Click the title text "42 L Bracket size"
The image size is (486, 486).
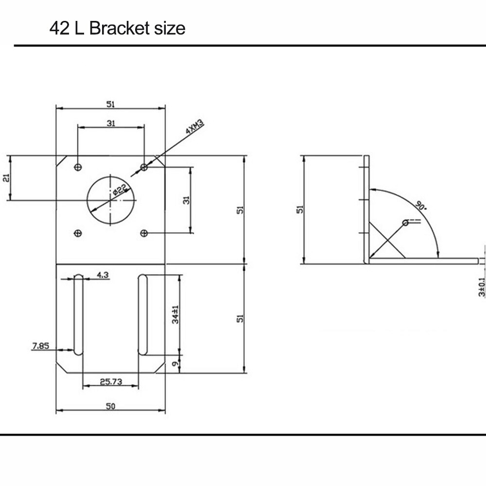[x=117, y=28]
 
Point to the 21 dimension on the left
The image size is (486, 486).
[x=6, y=178]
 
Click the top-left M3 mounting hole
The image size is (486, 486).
[x=78, y=167]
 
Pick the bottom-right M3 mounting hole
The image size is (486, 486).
[x=143, y=233]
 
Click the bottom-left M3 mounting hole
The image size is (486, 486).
[x=78, y=233]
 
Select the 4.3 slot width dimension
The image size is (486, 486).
[x=103, y=275]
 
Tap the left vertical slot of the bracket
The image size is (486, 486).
[x=78, y=314]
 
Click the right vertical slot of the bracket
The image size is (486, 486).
[x=142, y=314]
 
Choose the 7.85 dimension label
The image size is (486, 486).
[x=40, y=346]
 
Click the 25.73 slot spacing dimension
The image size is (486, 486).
[x=111, y=382]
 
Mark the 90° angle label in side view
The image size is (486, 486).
[x=421, y=205]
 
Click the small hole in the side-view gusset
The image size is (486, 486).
[x=405, y=223]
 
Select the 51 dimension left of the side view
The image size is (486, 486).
[x=300, y=209]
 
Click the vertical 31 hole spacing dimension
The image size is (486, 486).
[x=186, y=199]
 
